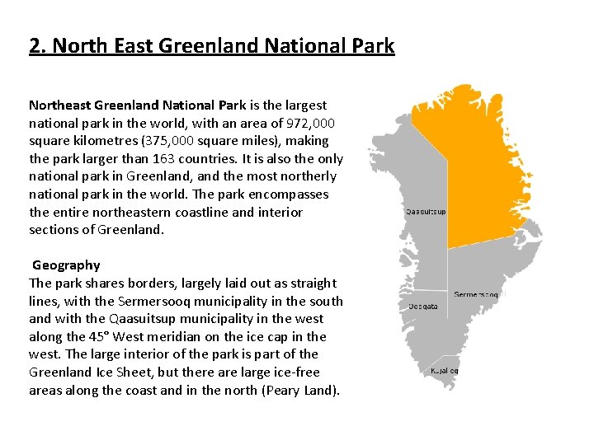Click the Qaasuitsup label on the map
coord(426,211)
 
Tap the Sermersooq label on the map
coord(476,294)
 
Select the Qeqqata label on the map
coord(423,307)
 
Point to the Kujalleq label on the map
coord(444,371)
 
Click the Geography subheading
coord(66,265)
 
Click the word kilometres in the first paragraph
coord(109,141)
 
